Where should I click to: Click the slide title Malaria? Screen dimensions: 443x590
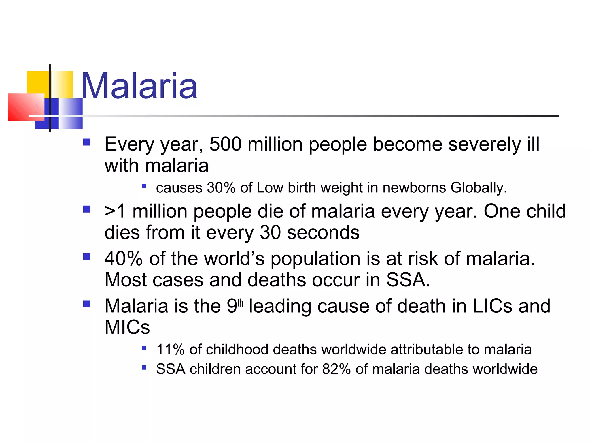pyautogui.click(x=139, y=86)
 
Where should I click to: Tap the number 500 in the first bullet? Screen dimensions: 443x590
pyautogui.click(x=225, y=144)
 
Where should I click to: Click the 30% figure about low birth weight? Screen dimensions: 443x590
pyautogui.click(x=221, y=188)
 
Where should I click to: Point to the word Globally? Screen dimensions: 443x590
pyautogui.click(x=479, y=188)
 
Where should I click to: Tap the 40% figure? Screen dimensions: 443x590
pyautogui.click(x=123, y=258)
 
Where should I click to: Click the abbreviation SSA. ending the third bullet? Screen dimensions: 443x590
pyautogui.click(x=408, y=280)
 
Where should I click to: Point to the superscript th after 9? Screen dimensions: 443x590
pyautogui.click(x=240, y=303)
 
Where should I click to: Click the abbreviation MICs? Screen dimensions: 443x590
pyautogui.click(x=127, y=327)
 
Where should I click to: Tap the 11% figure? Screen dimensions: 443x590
pyautogui.click(x=170, y=350)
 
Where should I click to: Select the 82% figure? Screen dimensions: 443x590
pyautogui.click(x=336, y=369)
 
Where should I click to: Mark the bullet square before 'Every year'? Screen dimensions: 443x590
pyautogui.click(x=87, y=142)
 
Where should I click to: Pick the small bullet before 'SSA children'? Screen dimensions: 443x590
pyautogui.click(x=144, y=368)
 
